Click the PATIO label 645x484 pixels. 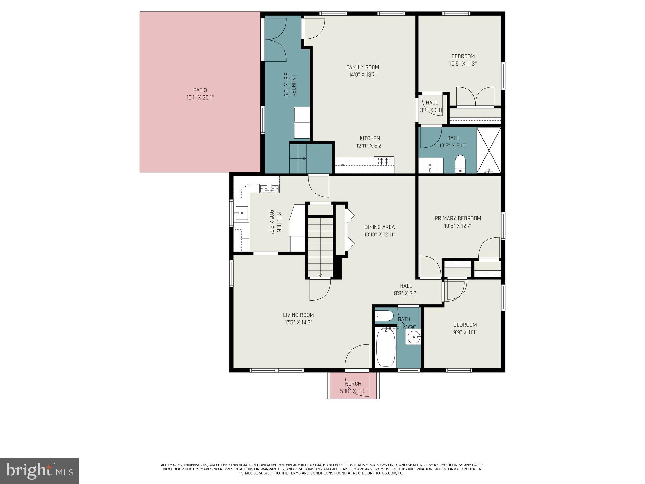click(x=200, y=90)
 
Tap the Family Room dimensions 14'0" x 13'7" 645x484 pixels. click(x=362, y=75)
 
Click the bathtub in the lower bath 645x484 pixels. click(x=386, y=347)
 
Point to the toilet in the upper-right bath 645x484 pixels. click(x=460, y=164)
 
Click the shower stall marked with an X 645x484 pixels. click(x=488, y=150)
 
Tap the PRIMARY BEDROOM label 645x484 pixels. click(x=458, y=218)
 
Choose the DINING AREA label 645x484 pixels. click(x=380, y=227)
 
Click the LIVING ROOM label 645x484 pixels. click(x=298, y=315)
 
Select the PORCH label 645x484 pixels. click(x=353, y=384)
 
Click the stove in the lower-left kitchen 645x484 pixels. click(x=269, y=189)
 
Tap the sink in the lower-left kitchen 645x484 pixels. click(x=241, y=213)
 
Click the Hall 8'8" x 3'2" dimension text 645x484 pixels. click(x=406, y=293)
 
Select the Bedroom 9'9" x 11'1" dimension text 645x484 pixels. click(x=465, y=332)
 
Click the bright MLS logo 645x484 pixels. click(x=39, y=471)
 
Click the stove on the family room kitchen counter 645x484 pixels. click(x=384, y=161)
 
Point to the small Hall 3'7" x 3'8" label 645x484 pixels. click(x=432, y=103)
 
